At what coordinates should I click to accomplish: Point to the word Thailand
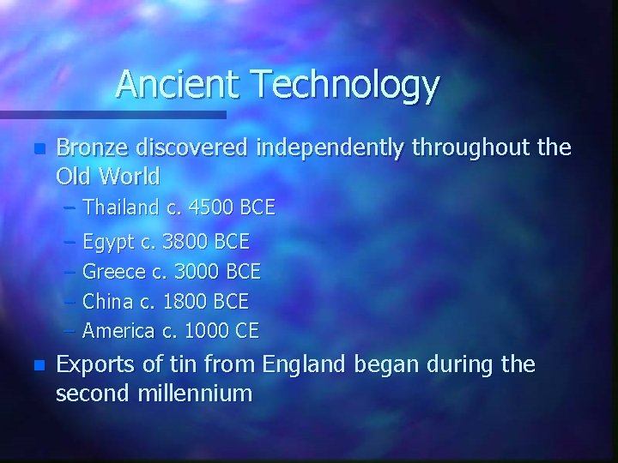118,207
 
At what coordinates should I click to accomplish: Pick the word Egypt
107,242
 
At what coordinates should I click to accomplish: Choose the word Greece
114,272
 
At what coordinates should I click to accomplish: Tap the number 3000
197,272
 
